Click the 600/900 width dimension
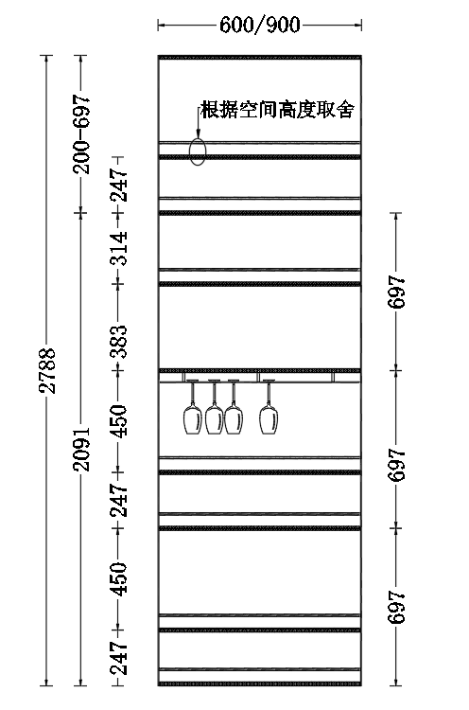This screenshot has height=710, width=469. [260, 25]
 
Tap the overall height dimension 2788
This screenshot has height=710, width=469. [47, 370]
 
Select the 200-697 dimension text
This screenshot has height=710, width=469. [82, 134]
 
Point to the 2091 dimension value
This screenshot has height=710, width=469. [82, 449]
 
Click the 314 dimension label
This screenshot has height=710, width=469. [119, 248]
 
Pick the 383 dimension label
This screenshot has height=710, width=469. [119, 342]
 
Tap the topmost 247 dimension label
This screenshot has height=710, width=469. [119, 186]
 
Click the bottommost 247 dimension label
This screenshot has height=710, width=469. [119, 658]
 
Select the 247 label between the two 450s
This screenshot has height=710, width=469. [119, 500]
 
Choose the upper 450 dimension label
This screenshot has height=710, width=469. [119, 421]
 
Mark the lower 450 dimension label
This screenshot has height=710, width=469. [119, 578]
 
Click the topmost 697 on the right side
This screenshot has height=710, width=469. [396, 292]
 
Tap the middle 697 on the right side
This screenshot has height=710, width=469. [396, 465]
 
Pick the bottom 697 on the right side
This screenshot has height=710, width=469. [396, 607]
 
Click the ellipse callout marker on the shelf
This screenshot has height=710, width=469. [198, 151]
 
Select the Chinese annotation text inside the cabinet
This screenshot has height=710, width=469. [277, 110]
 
